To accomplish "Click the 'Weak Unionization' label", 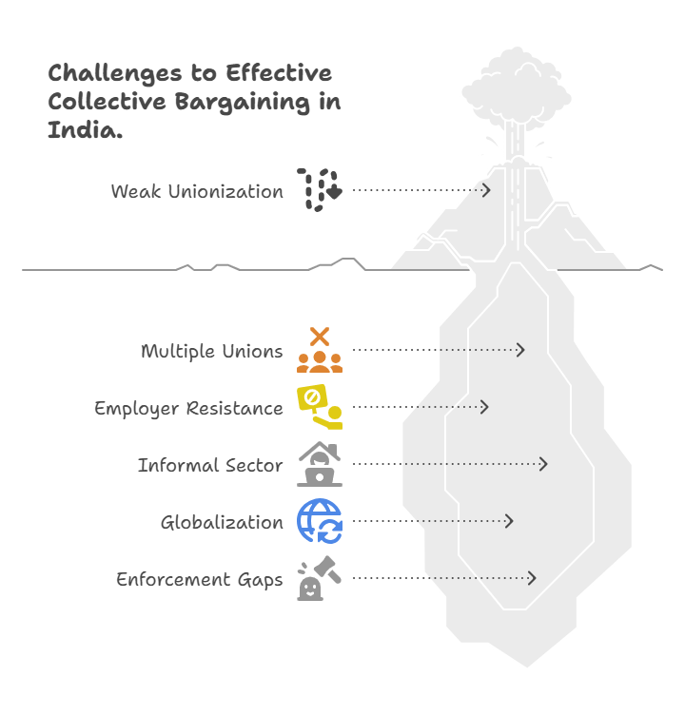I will click(196, 191).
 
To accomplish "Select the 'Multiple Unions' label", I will click(211, 351).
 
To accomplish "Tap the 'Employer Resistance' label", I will click(187, 408).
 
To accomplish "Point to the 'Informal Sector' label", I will click(209, 465).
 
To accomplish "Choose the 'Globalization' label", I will click(222, 522).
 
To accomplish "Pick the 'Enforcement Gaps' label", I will click(199, 579).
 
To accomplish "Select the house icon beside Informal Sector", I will click(319, 464).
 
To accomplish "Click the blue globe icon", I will click(319, 521).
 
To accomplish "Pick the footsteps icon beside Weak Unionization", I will click(319, 190).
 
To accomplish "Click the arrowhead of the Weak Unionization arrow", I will click(486, 190).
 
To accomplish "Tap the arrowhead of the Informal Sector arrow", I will click(544, 464).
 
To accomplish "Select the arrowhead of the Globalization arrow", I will click(510, 521).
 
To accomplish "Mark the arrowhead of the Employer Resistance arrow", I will click(485, 407).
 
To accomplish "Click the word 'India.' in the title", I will click(85, 132).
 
